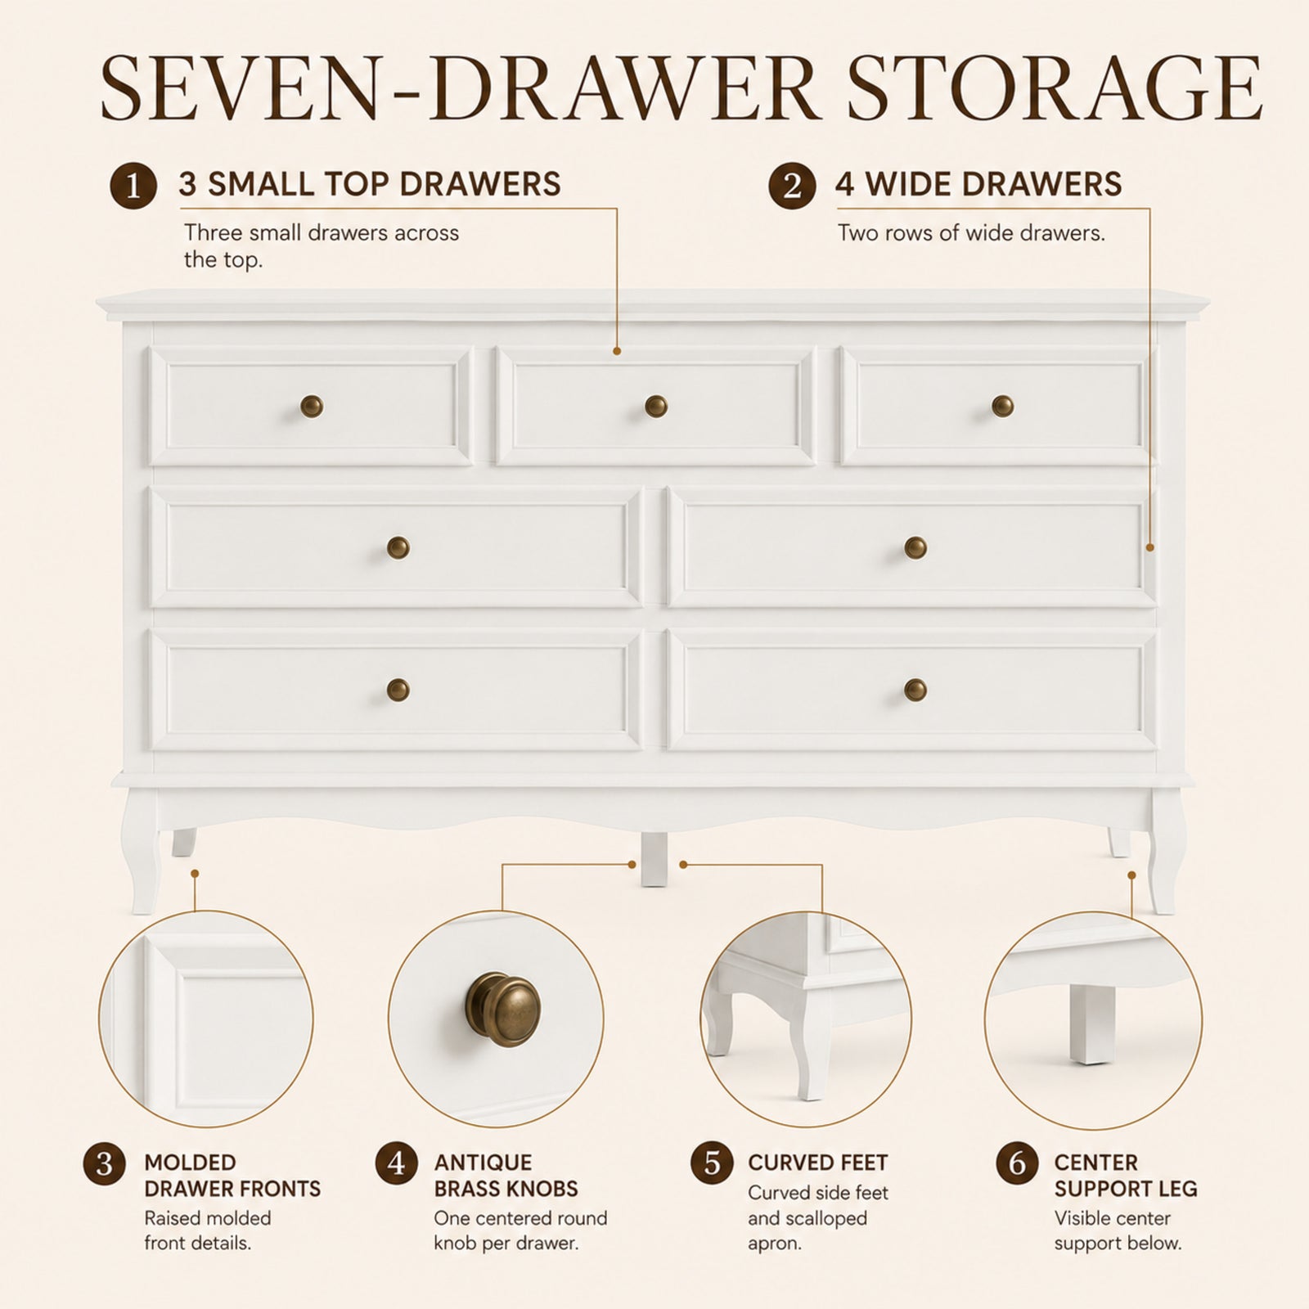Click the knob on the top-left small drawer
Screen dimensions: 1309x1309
(x=312, y=406)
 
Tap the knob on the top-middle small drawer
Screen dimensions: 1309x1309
(x=656, y=406)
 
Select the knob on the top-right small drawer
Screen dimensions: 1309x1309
(x=1002, y=406)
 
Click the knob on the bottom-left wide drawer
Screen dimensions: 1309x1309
(x=398, y=690)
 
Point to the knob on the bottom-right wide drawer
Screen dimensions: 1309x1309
(x=915, y=690)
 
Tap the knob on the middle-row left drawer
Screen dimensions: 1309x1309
(x=398, y=547)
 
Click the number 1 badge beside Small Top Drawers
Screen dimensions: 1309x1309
(x=133, y=186)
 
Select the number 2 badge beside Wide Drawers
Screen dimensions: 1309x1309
(x=792, y=186)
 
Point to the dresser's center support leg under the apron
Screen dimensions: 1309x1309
(x=654, y=859)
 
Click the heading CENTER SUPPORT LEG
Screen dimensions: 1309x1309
(x=1126, y=1176)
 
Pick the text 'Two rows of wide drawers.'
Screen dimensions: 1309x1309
(x=971, y=233)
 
